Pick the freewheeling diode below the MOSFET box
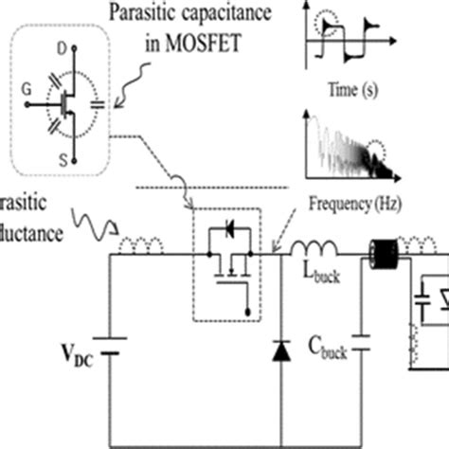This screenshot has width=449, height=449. click(x=282, y=350)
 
